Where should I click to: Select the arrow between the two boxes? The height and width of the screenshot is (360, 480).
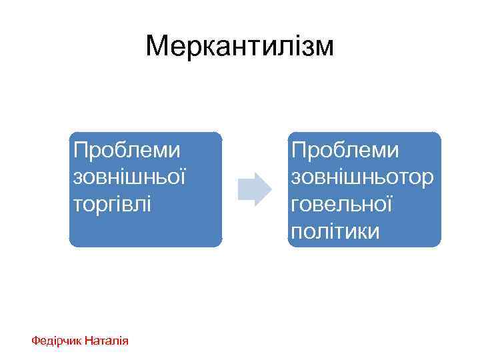[x=254, y=189]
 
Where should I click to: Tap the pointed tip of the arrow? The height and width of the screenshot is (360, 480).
[x=271, y=189]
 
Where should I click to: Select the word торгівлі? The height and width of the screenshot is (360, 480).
[x=112, y=203]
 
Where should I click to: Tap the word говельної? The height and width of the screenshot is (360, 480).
[x=341, y=203]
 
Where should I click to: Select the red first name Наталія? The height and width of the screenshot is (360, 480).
[x=107, y=341]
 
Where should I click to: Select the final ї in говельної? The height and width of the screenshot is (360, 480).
[x=388, y=203]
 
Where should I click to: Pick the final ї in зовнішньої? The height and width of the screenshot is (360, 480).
[x=182, y=177]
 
